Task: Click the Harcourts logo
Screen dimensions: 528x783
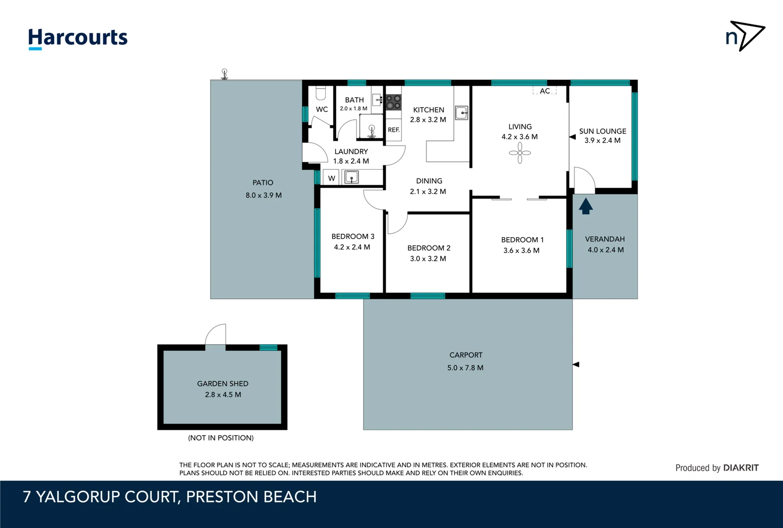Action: click(x=78, y=38)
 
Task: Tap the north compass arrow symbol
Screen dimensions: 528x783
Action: click(x=745, y=35)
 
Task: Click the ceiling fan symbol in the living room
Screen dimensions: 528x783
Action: click(x=520, y=153)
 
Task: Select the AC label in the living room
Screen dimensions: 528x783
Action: click(x=545, y=91)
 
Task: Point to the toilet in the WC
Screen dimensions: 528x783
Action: click(x=320, y=93)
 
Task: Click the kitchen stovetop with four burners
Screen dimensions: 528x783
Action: click(x=394, y=102)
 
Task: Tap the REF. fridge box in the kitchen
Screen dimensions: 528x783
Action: click(x=394, y=130)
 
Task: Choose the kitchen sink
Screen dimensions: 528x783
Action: click(x=462, y=113)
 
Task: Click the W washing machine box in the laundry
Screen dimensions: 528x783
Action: click(x=331, y=178)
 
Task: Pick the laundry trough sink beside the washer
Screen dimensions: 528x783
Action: click(x=351, y=177)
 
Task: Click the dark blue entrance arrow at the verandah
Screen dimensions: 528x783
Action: click(x=586, y=206)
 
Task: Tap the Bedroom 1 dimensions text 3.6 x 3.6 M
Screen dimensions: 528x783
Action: click(x=521, y=250)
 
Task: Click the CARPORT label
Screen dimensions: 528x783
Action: click(x=466, y=355)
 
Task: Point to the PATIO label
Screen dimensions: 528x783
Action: click(x=263, y=182)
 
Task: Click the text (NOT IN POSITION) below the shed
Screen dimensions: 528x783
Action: click(x=221, y=438)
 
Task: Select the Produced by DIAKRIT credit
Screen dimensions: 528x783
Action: click(x=717, y=468)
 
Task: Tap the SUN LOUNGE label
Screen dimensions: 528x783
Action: click(x=602, y=131)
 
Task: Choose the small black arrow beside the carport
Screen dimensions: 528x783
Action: click(x=575, y=364)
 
